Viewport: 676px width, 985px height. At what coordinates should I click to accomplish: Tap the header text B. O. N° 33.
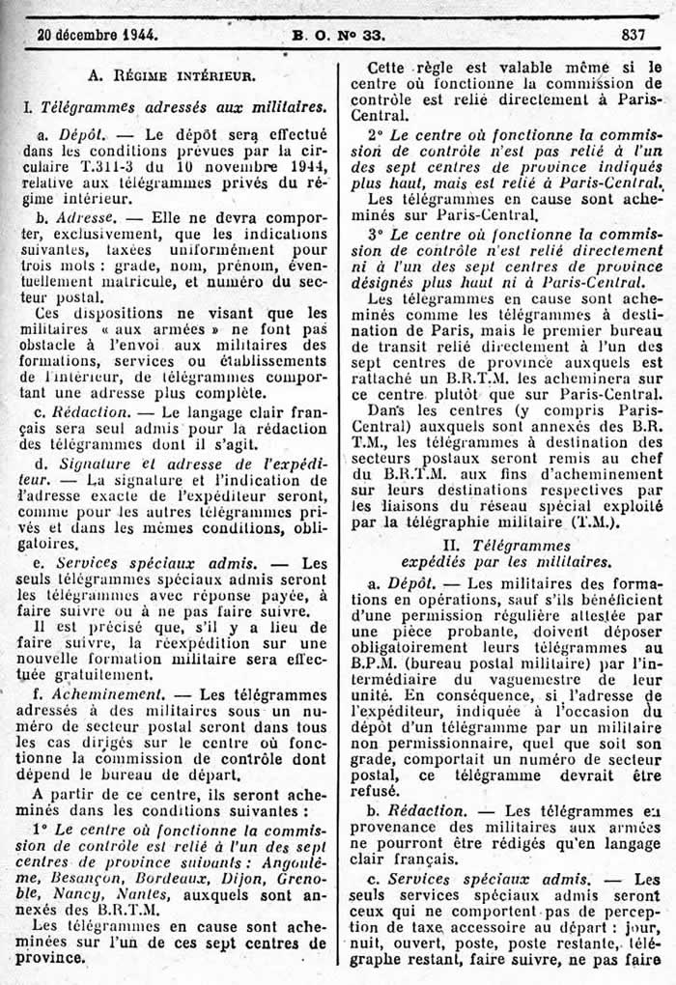[x=338, y=36]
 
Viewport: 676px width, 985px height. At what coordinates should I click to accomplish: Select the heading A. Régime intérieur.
[x=172, y=73]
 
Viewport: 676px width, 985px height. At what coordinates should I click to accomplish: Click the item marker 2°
[x=376, y=132]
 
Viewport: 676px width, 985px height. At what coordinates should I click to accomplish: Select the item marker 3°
[x=376, y=235]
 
